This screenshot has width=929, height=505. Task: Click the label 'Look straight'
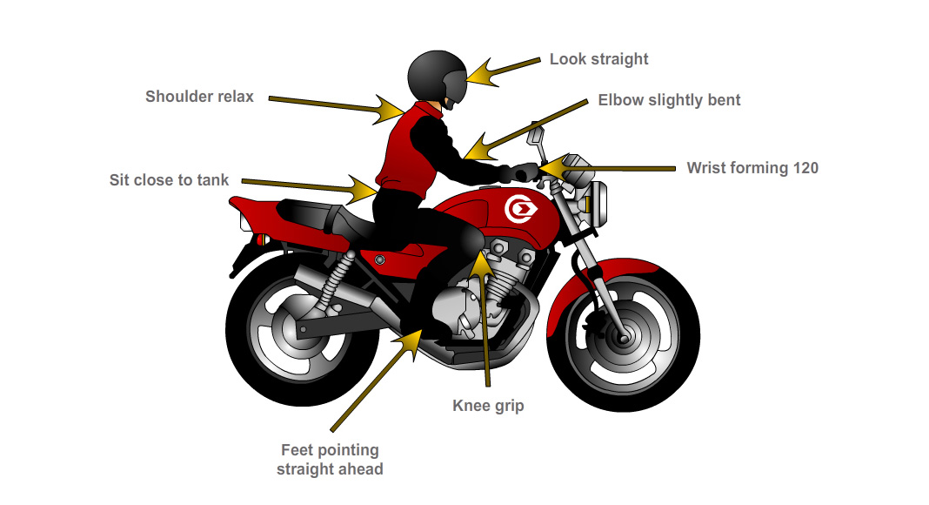[x=598, y=59]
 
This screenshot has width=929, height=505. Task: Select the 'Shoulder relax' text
[x=199, y=97]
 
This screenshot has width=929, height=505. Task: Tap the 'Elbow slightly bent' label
[x=669, y=100]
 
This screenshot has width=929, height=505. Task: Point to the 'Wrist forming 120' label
[x=752, y=168]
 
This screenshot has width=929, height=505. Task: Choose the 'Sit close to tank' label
[x=169, y=180]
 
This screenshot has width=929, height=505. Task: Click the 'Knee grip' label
[x=488, y=406]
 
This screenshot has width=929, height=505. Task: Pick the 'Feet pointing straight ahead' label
[x=330, y=460]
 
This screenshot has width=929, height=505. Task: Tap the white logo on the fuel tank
[x=520, y=210]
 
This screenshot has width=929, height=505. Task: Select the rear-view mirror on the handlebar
[x=536, y=137]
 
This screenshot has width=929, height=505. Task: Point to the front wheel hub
[x=624, y=333]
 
